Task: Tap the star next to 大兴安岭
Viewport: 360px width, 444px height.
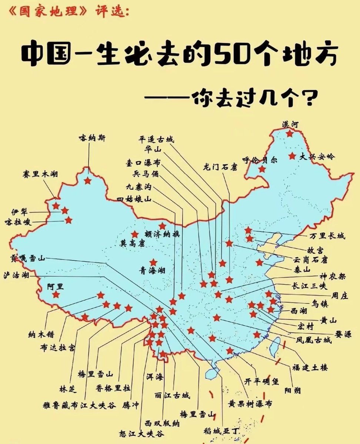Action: [293, 156]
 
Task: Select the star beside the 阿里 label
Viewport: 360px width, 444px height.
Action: [56, 295]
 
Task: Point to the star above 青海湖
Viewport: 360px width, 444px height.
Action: [153, 262]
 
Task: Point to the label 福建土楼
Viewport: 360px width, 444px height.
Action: [310, 368]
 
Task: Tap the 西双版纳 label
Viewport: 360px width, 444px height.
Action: [162, 423]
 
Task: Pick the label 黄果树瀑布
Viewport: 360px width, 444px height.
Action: [250, 403]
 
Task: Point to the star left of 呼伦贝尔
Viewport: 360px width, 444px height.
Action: [262, 169]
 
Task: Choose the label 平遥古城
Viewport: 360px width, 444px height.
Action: [156, 139]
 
